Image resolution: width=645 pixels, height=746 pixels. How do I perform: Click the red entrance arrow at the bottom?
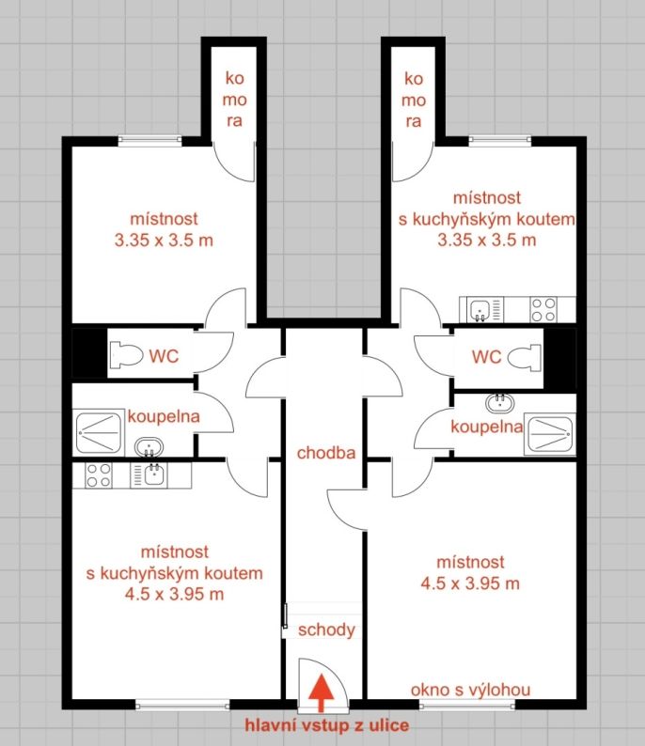321,692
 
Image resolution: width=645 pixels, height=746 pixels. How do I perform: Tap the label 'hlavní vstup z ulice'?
326,725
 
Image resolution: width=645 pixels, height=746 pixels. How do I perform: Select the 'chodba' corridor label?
326,453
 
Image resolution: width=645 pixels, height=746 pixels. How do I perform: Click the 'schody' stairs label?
326,629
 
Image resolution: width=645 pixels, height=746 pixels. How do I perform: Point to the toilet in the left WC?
126,355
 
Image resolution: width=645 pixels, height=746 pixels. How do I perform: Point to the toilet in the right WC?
525,356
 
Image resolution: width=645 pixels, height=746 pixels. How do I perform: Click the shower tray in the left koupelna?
99,432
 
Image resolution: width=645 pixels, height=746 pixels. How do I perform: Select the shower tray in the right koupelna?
550,434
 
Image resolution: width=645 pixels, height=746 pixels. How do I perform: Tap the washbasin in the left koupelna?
149,448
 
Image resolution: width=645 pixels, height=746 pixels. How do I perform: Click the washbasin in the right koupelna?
500,403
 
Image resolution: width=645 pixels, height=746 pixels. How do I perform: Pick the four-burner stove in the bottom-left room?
99,475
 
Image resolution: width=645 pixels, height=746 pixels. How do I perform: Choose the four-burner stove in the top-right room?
543,310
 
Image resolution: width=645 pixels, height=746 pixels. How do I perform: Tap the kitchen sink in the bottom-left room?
149,475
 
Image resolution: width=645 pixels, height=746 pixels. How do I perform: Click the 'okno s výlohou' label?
470,690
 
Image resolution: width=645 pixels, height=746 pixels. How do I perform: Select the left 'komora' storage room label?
234,100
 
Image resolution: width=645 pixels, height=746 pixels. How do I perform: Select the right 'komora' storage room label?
413,100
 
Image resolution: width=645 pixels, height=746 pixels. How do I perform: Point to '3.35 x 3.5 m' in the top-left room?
164,240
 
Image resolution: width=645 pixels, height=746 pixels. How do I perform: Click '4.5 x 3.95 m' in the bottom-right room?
470,583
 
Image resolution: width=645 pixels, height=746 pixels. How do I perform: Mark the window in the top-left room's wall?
150,140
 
